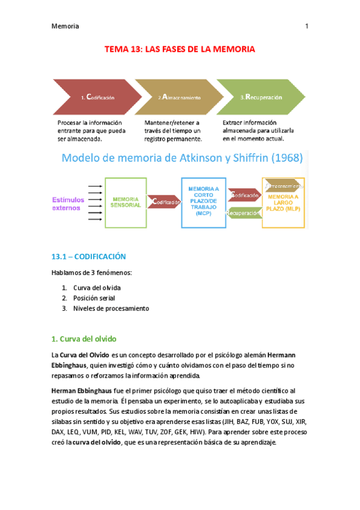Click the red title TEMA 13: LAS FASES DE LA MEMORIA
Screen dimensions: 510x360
180,49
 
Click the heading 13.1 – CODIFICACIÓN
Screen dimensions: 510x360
88,256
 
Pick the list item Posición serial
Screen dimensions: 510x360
93,298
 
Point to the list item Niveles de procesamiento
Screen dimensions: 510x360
111,309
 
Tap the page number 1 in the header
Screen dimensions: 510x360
307,26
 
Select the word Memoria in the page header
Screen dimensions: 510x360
66,26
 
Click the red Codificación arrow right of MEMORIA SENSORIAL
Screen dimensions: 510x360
164,203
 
